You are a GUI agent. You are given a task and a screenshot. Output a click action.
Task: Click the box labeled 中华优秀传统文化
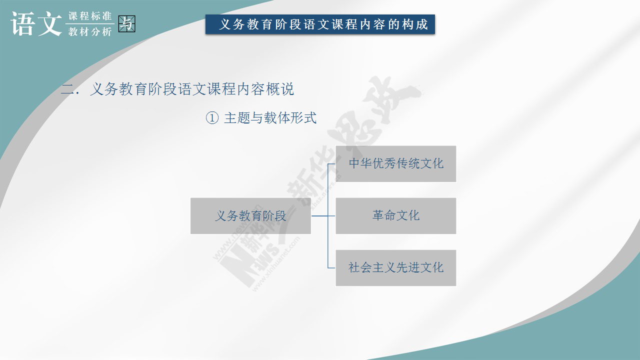coord(395,163)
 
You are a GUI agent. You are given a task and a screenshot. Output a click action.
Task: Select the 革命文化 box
coord(395,215)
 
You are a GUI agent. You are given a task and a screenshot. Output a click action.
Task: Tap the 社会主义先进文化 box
coord(395,267)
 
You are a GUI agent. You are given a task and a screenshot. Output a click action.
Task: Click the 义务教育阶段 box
coord(250,215)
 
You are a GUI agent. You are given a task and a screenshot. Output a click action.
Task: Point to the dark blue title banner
coord(320,24)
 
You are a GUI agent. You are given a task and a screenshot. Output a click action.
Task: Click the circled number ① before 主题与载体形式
coord(212,117)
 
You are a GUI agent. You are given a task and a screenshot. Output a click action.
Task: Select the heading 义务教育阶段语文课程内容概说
coord(192,89)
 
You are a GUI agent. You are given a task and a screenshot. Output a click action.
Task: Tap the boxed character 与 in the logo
coord(127,23)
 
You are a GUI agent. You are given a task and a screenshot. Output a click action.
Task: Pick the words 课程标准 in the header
coord(90,16)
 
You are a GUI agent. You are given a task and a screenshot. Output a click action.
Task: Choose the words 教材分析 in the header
coord(90,31)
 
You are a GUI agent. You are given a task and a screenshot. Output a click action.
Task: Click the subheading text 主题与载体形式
coord(270,117)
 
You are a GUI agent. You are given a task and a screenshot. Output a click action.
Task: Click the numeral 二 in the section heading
coord(67,89)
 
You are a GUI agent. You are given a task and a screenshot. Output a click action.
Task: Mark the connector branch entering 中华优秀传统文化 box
coord(331,164)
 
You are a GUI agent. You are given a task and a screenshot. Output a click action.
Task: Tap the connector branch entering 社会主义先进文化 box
coord(331,267)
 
